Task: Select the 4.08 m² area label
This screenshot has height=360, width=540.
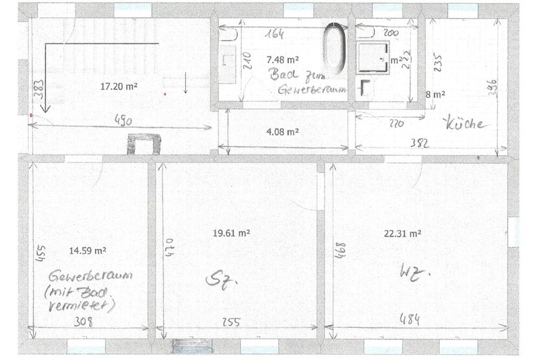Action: click(282, 131)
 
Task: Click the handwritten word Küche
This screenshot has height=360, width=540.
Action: click(464, 123)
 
